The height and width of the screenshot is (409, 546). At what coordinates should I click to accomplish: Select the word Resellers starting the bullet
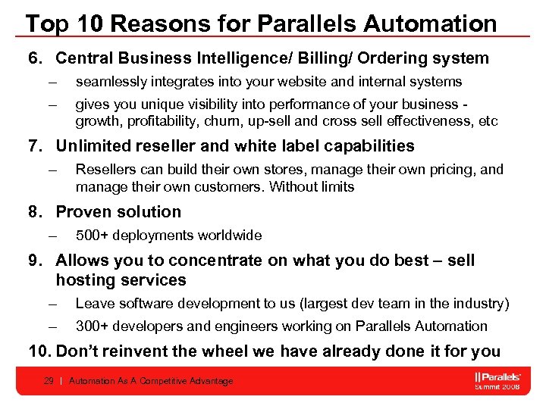(105, 169)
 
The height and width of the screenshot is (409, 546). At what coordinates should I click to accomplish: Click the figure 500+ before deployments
(91, 236)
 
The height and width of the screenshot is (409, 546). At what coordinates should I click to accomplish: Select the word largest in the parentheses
(325, 304)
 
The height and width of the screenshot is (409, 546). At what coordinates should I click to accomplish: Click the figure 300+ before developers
(91, 326)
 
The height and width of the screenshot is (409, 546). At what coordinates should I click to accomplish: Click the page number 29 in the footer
(49, 381)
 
